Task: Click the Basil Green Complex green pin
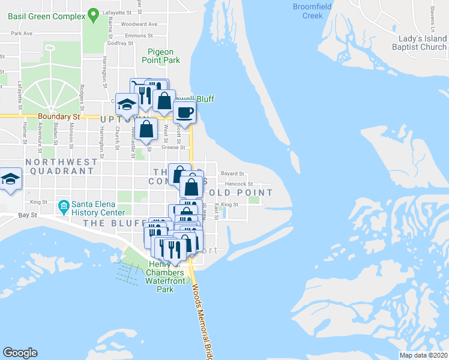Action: (93, 14)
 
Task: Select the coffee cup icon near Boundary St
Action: (185, 112)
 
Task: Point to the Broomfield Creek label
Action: (312, 11)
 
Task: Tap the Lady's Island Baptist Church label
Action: (419, 43)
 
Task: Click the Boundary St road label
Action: (58, 117)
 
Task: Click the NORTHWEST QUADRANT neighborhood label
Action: (61, 166)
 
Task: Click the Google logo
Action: (20, 353)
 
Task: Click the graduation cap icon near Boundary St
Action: (127, 105)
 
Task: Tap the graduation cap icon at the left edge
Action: (10, 181)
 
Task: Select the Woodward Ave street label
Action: (139, 25)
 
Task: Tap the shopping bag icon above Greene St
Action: (146, 129)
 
